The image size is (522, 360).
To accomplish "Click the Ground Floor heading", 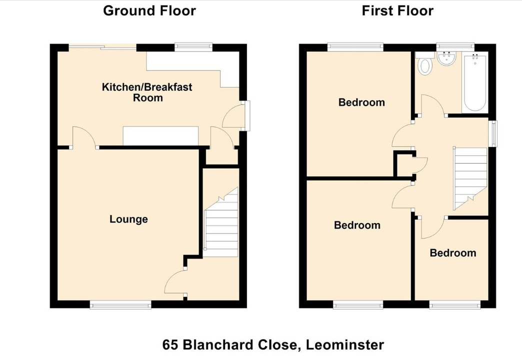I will coord(149,10).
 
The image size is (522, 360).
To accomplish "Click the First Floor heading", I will coord(397,10).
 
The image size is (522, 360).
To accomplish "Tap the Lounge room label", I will coord(128,219).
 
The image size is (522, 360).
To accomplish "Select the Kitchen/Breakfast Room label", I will coord(147,92).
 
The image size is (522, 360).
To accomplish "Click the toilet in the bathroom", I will coord(425,65).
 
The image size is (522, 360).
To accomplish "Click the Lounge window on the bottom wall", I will coord(120,304).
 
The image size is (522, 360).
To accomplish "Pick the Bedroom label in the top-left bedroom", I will coord(361,102).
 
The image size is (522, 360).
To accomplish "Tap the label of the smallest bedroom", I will coord(452,253).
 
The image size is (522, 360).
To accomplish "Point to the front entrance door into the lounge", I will coord(176,282).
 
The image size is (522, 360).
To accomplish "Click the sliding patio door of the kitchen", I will coord(102,47).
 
